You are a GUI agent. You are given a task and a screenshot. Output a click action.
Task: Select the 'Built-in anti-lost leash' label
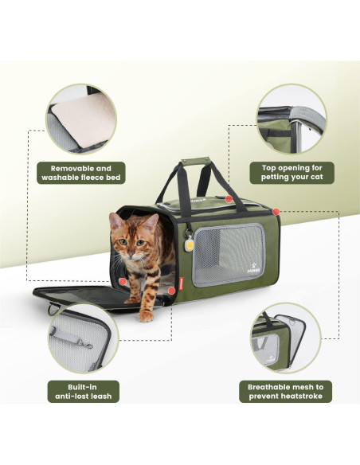pyautogui.click(x=84, y=389)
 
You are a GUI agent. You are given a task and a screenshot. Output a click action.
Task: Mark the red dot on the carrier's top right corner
pyautogui.click(x=276, y=211)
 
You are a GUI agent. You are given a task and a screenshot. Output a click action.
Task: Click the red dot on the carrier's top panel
pyautogui.click(x=228, y=198)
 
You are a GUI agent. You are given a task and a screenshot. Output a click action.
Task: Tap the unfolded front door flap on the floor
pyautogui.click(x=80, y=295)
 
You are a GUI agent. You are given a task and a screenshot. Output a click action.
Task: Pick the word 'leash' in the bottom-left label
pyautogui.click(x=101, y=396)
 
